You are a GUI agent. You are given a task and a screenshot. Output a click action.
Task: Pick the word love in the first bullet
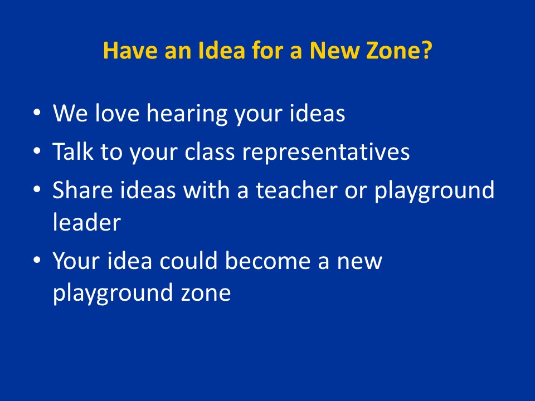point(117,113)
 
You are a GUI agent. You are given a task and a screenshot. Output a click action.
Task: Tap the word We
point(70,113)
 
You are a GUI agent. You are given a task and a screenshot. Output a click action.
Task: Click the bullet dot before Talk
point(37,150)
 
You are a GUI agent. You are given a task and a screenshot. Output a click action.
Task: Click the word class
point(210,151)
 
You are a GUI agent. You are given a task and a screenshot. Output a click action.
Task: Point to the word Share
point(82,189)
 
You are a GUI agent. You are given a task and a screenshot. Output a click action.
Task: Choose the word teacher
point(297,189)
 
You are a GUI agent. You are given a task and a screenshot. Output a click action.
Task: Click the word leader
point(87,222)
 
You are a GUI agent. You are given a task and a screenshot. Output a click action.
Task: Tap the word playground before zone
point(113,294)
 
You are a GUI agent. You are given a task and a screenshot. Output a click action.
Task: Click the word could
point(188,261)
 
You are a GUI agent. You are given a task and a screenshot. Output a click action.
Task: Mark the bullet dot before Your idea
point(37,260)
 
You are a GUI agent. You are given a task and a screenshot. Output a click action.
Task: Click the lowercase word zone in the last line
point(206,294)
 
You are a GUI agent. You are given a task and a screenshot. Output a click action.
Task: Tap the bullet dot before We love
point(37,112)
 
